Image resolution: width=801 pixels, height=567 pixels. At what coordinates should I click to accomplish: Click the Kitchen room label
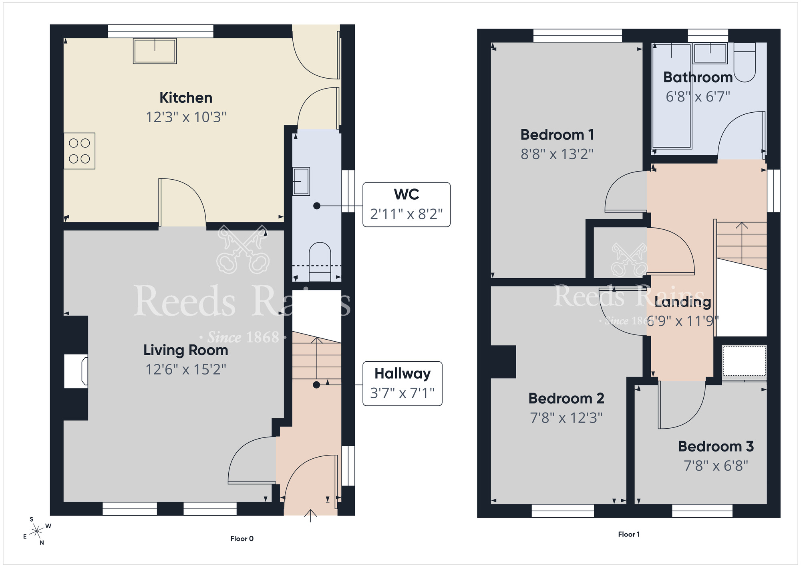tap(186, 98)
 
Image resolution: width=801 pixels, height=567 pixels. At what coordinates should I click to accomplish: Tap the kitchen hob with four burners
tap(79, 151)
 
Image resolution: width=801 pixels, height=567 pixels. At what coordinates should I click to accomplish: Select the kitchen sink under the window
tap(155, 51)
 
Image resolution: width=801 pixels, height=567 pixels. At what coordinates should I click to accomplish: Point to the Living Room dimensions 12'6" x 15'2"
tap(186, 369)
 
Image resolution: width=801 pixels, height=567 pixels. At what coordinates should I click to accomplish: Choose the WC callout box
tap(407, 205)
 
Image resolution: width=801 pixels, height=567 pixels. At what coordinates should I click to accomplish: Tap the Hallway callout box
tap(403, 384)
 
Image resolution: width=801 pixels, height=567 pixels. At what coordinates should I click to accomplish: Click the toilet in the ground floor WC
tap(320, 261)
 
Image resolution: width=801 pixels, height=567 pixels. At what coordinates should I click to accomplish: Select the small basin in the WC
tap(301, 181)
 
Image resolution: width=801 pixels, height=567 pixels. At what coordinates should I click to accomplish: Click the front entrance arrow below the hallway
tap(311, 516)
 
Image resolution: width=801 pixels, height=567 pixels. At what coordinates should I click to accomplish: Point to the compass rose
tap(37, 531)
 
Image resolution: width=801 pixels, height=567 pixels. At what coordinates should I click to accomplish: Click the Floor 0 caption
tap(242, 539)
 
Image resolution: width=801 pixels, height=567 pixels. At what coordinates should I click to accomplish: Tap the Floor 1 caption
tap(629, 534)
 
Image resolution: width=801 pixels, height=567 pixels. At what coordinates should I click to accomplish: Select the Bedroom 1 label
tap(557, 135)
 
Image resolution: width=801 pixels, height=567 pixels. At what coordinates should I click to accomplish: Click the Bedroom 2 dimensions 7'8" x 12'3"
tap(566, 418)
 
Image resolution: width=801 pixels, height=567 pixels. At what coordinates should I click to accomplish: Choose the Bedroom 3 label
tap(716, 446)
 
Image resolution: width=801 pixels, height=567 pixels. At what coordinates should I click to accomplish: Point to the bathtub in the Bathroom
tap(672, 96)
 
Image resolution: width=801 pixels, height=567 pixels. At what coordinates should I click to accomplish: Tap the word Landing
tap(683, 302)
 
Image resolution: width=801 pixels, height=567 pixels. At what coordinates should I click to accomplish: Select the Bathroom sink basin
tap(710, 53)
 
